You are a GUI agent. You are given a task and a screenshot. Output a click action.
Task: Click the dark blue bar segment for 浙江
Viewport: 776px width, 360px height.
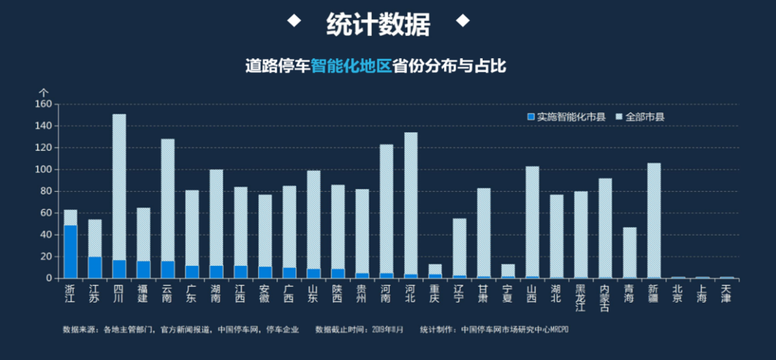(70, 251)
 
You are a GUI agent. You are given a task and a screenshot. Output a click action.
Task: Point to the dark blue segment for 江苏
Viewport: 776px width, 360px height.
(95, 267)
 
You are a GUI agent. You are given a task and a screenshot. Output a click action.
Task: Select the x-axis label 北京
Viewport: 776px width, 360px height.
(678, 294)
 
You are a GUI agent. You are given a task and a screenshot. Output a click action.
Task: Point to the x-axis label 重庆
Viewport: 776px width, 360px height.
(435, 294)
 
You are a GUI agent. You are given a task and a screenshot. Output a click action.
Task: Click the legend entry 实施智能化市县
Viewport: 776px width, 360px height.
(567, 116)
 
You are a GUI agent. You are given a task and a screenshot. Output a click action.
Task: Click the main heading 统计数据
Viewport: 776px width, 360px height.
(378, 24)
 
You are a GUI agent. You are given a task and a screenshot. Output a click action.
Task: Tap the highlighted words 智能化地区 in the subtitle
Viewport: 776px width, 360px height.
(352, 66)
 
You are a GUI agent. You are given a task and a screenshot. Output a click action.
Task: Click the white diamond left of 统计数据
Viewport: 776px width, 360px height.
(293, 20)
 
